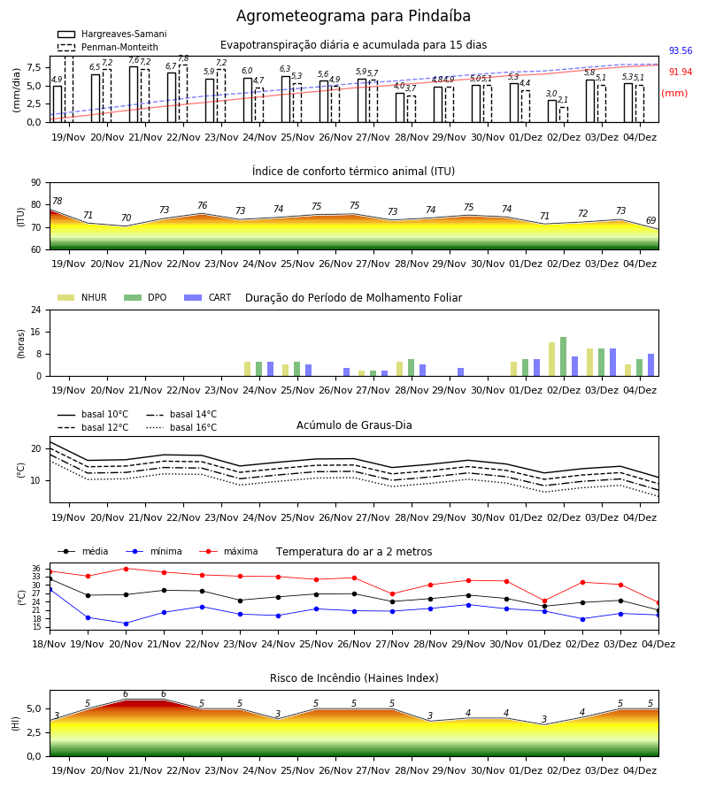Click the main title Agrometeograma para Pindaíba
pos(353,16)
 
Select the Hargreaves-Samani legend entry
pos(112,34)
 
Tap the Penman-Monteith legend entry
pos(108,47)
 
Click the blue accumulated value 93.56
pos(681,50)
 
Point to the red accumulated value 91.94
pos(681,73)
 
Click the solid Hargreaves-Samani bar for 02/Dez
pos(552,111)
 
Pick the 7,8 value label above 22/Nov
pos(183,58)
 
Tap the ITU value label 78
pos(58,201)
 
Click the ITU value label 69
pos(650,220)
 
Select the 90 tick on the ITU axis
pos(36,183)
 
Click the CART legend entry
pos(208,297)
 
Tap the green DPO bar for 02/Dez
pos(563,356)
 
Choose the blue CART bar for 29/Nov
pos(461,372)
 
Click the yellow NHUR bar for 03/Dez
pos(589,363)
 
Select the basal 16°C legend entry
pos(181,427)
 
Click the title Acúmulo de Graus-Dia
pos(354,425)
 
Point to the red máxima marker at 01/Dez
pos(544,601)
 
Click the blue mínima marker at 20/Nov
pos(126,624)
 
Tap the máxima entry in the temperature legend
pos(228,551)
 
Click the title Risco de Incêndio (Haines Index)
pos(354,678)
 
